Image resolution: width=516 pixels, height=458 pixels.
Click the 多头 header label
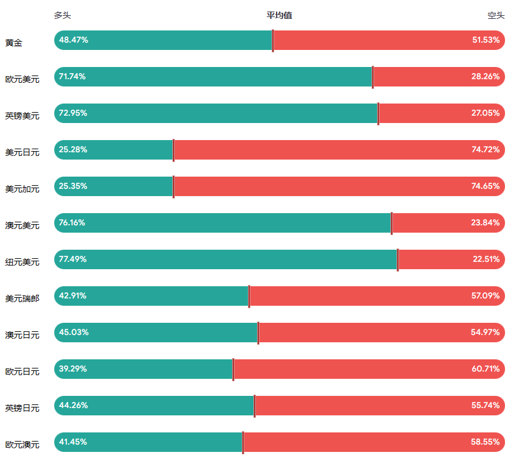[x=62, y=15]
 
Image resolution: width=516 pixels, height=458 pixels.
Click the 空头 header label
[x=496, y=15]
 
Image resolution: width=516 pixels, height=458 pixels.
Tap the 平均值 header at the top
[x=279, y=15]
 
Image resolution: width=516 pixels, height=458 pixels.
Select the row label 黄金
[x=14, y=43]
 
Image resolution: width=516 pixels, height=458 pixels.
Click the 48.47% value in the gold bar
[x=74, y=40]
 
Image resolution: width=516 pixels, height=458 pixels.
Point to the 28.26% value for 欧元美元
[x=486, y=77]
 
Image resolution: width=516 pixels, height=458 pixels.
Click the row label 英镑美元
[x=22, y=116]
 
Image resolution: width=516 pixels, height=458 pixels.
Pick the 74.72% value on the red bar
[x=486, y=150]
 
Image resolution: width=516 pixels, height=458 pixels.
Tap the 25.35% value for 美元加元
[x=73, y=186]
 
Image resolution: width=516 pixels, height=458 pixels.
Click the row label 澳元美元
[x=22, y=225]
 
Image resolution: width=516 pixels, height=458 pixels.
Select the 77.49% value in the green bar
[x=73, y=259]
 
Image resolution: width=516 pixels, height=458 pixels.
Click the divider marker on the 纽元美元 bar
[x=398, y=259]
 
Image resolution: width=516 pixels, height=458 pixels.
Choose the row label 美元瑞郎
[x=22, y=298]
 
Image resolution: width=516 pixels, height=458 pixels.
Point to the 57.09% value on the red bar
[x=486, y=296]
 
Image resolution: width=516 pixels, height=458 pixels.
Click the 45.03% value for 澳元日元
[x=74, y=333]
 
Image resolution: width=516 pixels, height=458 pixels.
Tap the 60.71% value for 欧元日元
[x=486, y=369]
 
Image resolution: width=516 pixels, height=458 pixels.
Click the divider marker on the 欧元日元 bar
[x=233, y=369]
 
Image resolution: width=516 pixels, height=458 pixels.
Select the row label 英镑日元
[x=22, y=408]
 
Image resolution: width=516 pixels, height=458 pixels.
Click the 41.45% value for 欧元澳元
[x=73, y=442]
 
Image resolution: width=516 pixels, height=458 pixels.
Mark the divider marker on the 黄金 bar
[x=273, y=40]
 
